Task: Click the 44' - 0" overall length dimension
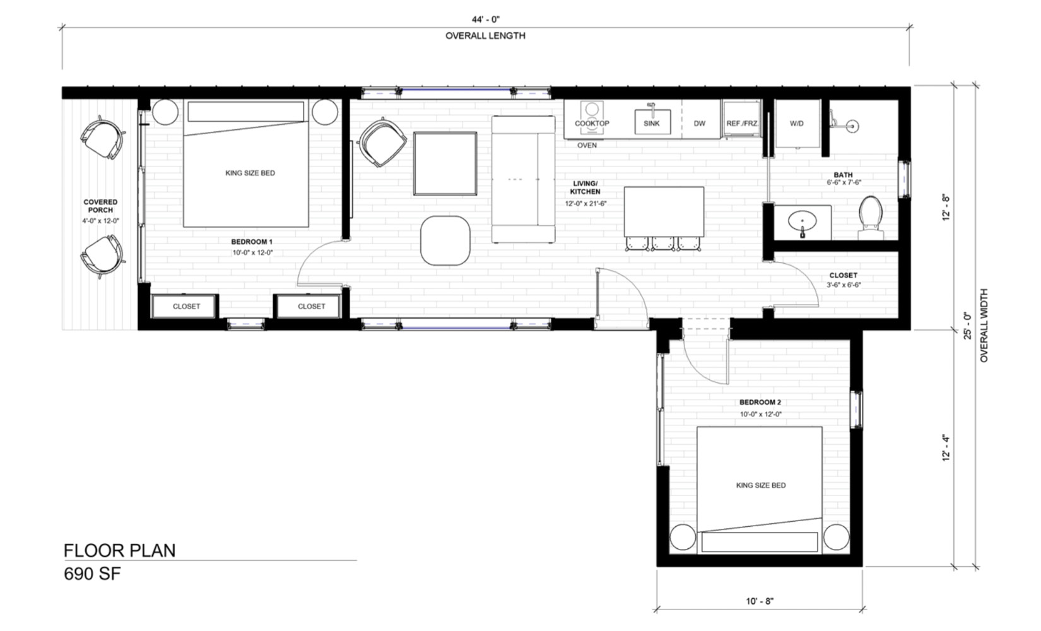click(x=485, y=20)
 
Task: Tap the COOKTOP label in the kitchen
click(x=592, y=124)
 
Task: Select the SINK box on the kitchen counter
click(x=652, y=123)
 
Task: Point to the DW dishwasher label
click(x=699, y=124)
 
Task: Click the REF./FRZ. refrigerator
click(x=741, y=123)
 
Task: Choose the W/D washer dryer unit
click(x=796, y=124)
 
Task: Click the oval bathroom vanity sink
click(x=803, y=221)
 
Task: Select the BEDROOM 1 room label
click(x=251, y=242)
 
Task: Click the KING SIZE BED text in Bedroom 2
click(x=760, y=485)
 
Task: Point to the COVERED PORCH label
click(x=100, y=206)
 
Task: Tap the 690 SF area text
click(x=92, y=574)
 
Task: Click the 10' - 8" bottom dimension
click(x=760, y=601)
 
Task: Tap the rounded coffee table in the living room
click(x=445, y=240)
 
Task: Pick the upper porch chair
click(x=101, y=139)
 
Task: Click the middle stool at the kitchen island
click(x=663, y=244)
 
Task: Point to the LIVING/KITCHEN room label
click(x=585, y=187)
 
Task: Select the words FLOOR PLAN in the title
click(x=119, y=550)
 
